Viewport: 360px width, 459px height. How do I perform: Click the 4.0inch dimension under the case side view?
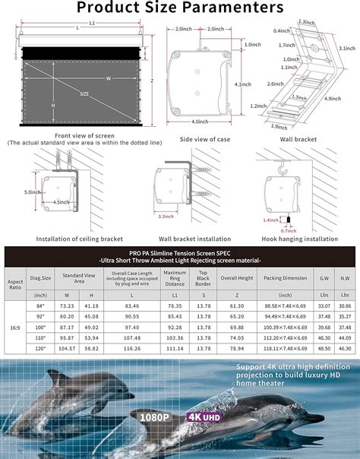[x=200, y=122]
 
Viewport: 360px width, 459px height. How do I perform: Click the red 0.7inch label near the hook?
[x=289, y=230]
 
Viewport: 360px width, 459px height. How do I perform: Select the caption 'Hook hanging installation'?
[x=299, y=239]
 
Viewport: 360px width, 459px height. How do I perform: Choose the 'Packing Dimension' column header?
[x=285, y=278]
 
